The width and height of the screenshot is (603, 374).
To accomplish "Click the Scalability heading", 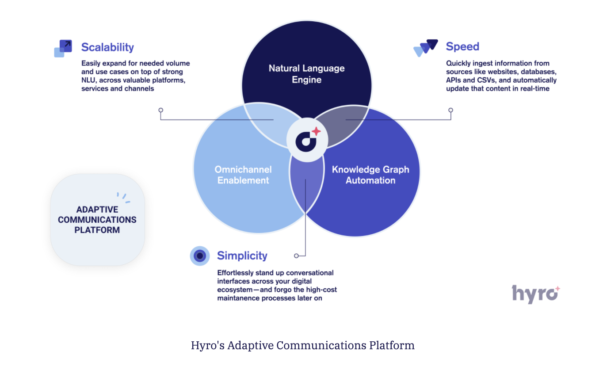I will click(107, 47).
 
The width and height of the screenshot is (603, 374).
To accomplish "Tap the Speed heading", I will click(462, 46).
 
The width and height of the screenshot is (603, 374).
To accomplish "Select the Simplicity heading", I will click(242, 256).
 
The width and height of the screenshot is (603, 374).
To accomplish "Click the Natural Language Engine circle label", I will click(306, 74).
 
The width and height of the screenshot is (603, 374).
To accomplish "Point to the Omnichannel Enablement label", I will click(243, 175).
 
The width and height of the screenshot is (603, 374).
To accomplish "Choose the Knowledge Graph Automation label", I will click(370, 175).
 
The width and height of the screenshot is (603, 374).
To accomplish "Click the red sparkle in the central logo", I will click(316, 131).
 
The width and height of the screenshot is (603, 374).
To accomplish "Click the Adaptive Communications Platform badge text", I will click(97, 220).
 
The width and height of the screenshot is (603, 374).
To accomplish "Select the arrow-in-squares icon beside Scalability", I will click(63, 49).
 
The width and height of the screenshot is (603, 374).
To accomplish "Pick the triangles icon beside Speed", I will click(425, 48).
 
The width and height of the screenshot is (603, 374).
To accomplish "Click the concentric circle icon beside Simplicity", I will click(200, 256).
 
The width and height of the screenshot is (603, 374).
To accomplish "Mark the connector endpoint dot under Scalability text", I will click(161, 110).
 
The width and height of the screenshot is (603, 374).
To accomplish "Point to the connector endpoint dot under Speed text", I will click(450, 110).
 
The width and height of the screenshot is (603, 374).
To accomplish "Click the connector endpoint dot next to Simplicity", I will click(296, 256).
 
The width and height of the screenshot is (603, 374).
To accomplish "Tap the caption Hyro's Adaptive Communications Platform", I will click(302, 345).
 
